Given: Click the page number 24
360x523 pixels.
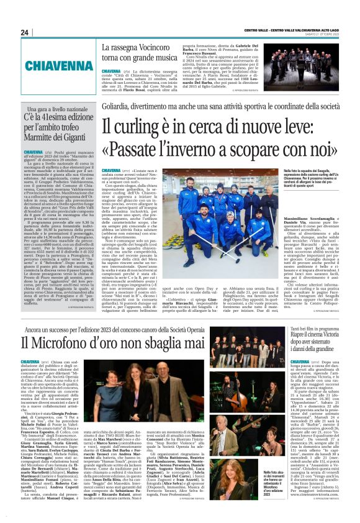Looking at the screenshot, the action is pos(25,32).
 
